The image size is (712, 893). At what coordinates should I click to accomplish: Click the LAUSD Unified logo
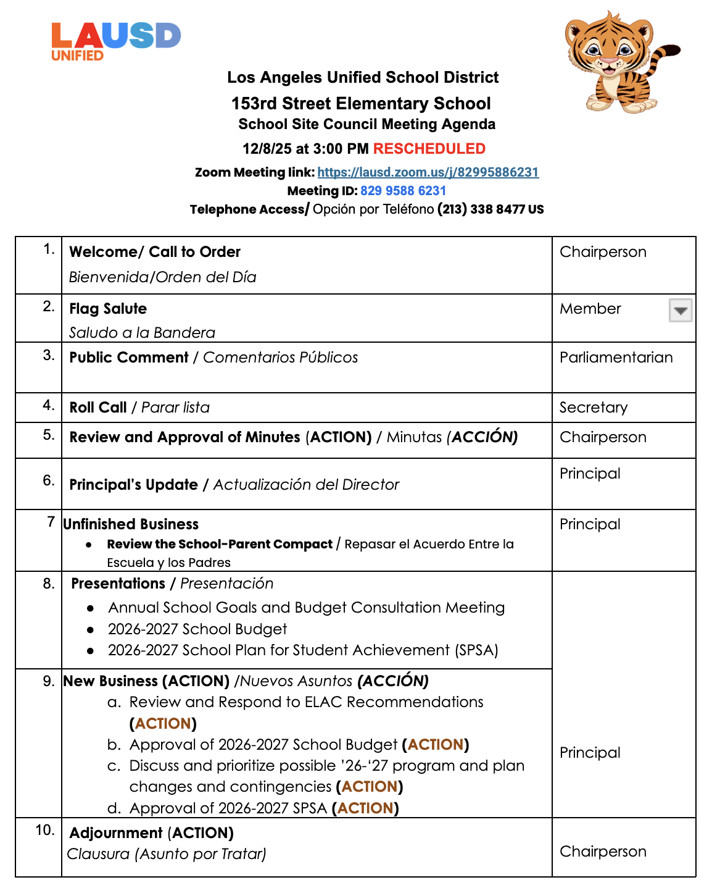(x=115, y=41)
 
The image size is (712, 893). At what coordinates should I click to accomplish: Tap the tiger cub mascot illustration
(x=611, y=62)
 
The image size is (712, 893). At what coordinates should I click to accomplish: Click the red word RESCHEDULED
(x=429, y=149)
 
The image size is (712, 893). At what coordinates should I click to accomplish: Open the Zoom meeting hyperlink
(x=428, y=172)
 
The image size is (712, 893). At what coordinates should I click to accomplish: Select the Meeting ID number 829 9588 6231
(x=403, y=191)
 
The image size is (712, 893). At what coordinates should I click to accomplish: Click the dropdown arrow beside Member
(x=681, y=310)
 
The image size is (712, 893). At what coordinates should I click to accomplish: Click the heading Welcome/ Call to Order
(x=154, y=252)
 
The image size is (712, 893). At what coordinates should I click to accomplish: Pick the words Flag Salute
(x=108, y=309)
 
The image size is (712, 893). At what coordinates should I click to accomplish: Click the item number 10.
(x=44, y=830)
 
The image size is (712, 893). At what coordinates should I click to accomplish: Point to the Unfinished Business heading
(x=131, y=524)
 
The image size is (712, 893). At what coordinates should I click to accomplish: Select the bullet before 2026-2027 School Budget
(x=91, y=630)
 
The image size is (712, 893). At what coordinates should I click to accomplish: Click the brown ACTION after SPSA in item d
(x=365, y=808)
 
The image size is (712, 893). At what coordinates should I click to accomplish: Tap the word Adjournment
(x=115, y=833)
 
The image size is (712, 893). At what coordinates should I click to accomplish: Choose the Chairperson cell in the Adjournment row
(x=603, y=852)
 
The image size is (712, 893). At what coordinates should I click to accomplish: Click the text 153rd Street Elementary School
(x=361, y=103)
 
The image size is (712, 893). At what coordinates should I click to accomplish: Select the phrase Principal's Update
(x=133, y=485)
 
